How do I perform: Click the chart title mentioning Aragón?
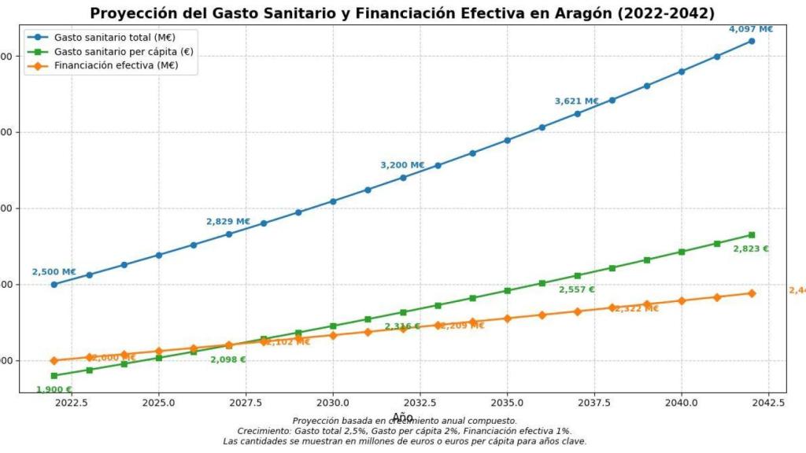[x=402, y=13]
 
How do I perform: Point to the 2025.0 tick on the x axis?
[x=158, y=402]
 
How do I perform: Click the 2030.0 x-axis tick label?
[x=333, y=402]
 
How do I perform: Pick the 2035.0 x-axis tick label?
[x=508, y=402]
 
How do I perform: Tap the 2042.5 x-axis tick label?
[x=769, y=402]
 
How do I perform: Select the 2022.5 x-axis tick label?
[x=71, y=402]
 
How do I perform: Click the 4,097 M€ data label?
[x=750, y=29]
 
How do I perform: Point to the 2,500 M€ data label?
[x=54, y=272]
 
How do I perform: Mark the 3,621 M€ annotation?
[x=576, y=101]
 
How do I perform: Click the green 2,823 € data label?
[x=750, y=249]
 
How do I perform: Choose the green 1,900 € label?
[x=54, y=389]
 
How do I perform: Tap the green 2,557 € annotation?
[x=576, y=289]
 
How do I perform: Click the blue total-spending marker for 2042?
[x=752, y=41]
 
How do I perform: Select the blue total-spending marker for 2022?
[x=54, y=285]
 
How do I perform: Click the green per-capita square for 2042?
[x=752, y=235]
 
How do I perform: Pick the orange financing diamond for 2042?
[x=752, y=293]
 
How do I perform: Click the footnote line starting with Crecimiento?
[x=404, y=431]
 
